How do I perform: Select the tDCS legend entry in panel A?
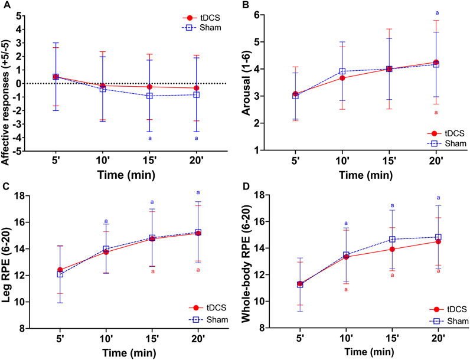click(195, 17)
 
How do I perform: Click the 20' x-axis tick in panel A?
click(196, 162)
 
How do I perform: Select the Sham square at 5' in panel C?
click(60, 274)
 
